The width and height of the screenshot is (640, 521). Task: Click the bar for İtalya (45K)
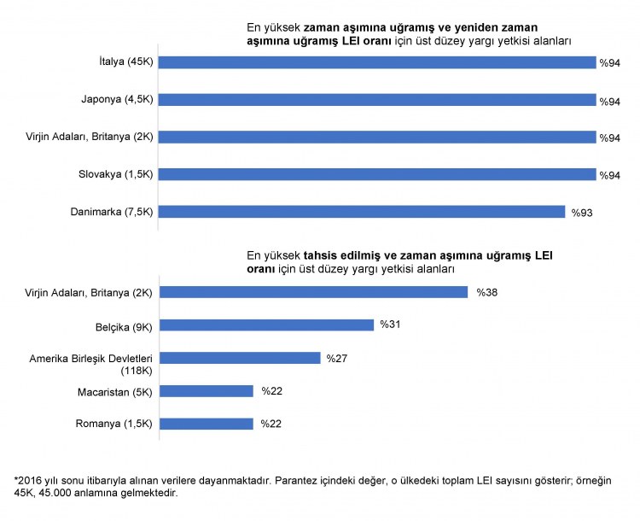(377, 61)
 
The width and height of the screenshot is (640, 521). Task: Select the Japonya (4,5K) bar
(377, 99)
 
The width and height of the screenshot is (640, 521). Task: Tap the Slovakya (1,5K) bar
(377, 174)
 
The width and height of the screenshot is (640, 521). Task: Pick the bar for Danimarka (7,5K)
(362, 212)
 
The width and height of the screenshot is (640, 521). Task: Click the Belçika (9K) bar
(266, 325)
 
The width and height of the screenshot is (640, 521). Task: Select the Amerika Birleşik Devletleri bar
(240, 358)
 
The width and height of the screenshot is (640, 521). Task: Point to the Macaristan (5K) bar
(207, 391)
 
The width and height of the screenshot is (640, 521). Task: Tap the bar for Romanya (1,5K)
(207, 424)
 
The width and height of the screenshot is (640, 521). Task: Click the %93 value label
(582, 213)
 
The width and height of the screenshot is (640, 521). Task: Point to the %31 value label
(391, 325)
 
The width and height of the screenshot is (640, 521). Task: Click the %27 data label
(337, 358)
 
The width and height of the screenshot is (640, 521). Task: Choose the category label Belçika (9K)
(124, 325)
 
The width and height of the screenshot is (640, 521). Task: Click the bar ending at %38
(314, 292)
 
